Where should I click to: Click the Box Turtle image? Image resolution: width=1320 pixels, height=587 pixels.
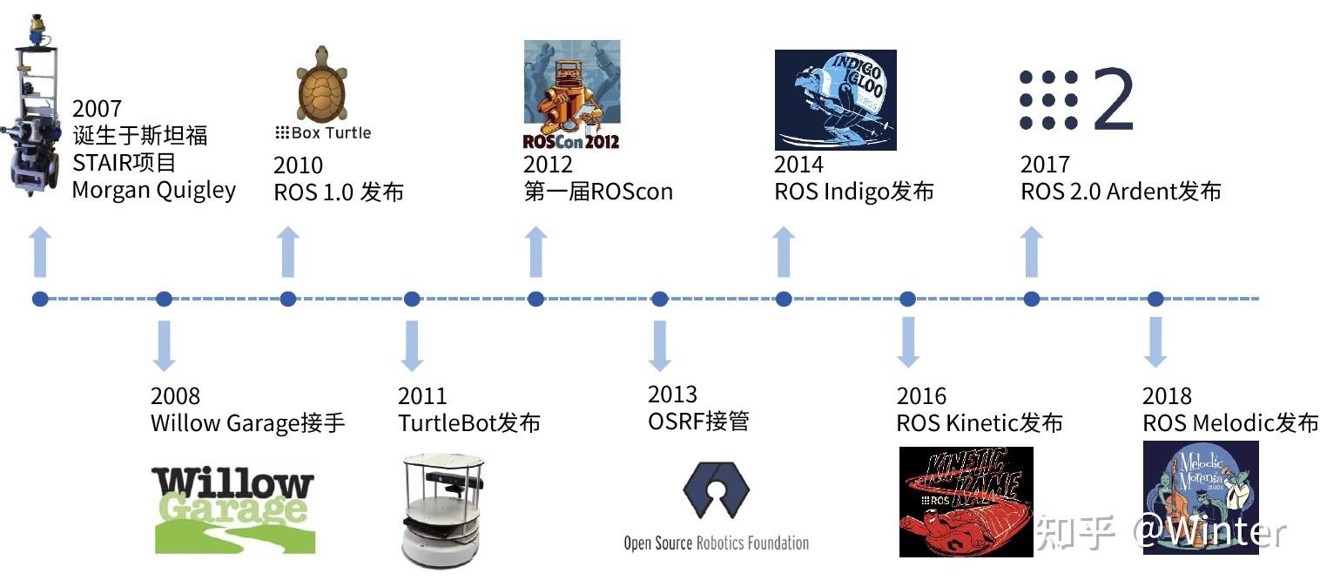(323, 84)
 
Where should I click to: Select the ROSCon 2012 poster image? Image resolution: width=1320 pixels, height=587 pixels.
(571, 95)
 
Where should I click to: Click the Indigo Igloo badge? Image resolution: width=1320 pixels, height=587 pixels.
(835, 99)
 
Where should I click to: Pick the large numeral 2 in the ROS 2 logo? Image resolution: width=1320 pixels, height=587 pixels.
(1112, 99)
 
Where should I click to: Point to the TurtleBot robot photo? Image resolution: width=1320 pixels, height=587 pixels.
(441, 509)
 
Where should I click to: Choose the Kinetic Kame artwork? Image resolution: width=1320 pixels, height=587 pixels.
(966, 501)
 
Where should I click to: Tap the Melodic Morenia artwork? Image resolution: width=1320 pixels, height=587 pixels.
(1201, 497)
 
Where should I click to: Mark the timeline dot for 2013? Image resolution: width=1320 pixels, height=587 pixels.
(660, 299)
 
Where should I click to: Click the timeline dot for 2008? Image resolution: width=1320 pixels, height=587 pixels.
(164, 299)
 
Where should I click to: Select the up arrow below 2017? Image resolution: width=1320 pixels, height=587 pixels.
(1032, 252)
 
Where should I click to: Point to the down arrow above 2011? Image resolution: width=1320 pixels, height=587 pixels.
(412, 345)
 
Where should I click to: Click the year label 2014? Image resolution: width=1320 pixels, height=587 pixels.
(798, 165)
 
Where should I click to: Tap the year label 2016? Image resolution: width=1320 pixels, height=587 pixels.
(921, 397)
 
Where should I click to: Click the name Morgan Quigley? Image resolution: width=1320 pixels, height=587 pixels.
(153, 191)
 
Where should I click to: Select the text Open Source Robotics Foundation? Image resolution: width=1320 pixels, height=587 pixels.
(716, 543)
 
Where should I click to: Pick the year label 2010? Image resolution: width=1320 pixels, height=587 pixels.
(298, 165)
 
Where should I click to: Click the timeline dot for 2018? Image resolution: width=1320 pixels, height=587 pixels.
(1155, 299)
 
